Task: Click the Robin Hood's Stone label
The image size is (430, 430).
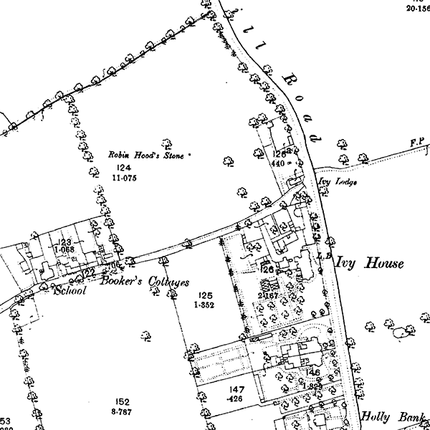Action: (145, 154)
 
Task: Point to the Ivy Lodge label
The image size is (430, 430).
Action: (336, 182)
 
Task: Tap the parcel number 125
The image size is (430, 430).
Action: (206, 295)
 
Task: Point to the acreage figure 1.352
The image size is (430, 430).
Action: (204, 305)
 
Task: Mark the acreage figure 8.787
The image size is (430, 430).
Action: (123, 412)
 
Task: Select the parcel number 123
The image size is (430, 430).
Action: (64, 243)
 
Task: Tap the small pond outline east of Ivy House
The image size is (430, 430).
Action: (403, 332)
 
